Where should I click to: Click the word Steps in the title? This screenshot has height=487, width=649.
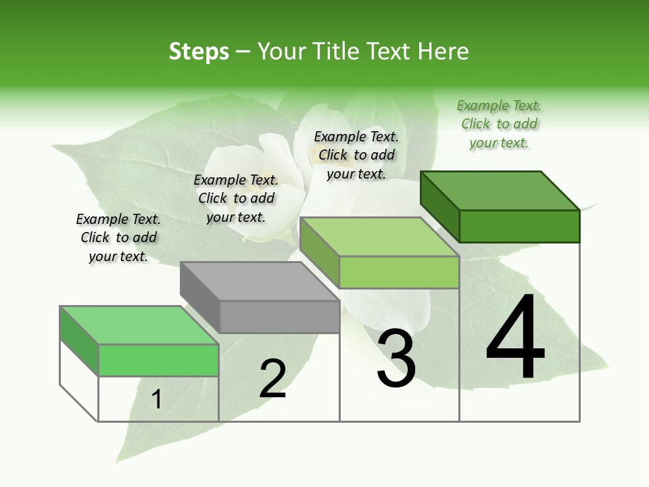click(x=199, y=51)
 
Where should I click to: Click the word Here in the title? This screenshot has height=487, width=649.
click(x=443, y=51)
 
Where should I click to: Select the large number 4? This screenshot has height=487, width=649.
click(x=515, y=338)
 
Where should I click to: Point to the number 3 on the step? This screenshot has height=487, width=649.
click(x=396, y=358)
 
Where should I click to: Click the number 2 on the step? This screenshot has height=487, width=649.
click(x=272, y=379)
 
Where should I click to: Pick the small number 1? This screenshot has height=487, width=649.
click(x=157, y=399)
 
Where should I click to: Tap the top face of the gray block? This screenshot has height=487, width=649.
click(x=260, y=281)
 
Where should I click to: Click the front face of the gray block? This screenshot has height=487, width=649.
click(x=280, y=317)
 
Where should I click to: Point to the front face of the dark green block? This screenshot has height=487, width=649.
click(x=519, y=226)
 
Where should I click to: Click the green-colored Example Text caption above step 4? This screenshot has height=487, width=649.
click(x=499, y=124)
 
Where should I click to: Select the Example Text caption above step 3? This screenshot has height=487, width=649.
click(x=356, y=155)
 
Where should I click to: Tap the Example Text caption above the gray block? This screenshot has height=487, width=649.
click(x=236, y=198)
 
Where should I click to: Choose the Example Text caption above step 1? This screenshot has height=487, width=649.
click(x=118, y=237)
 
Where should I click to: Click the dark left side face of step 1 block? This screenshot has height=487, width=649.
click(x=79, y=341)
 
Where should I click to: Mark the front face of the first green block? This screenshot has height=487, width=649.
click(x=158, y=360)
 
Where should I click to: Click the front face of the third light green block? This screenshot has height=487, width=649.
click(x=399, y=272)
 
